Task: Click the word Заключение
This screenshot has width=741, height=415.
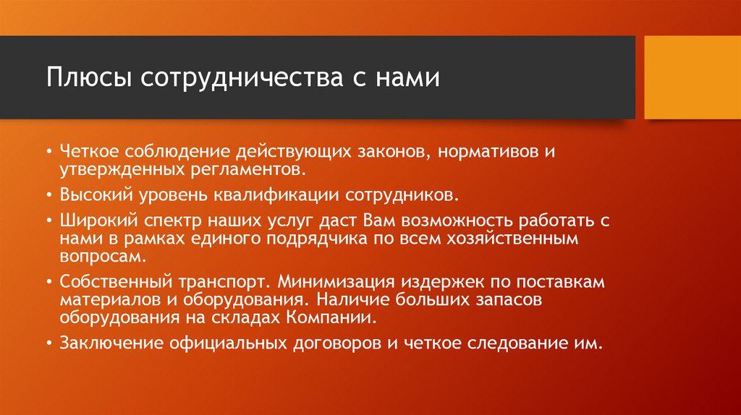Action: [x=109, y=343]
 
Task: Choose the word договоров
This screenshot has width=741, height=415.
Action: [x=335, y=343]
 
